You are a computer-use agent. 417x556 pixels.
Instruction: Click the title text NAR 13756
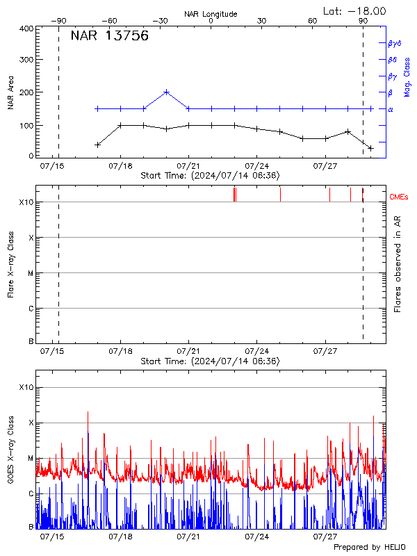click(109, 37)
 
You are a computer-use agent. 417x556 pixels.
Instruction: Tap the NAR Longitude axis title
click(211, 14)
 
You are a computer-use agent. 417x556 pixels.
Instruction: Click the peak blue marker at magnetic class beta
click(167, 92)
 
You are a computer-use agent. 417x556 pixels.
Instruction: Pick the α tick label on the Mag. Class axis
click(390, 109)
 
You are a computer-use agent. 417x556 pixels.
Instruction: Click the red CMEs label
click(400, 197)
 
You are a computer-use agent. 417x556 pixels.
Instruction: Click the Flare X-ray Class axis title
click(12, 264)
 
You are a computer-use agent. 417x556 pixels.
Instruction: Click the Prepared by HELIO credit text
click(370, 548)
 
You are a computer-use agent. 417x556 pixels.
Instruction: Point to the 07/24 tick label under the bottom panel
click(257, 537)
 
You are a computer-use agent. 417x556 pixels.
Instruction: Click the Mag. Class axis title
click(407, 76)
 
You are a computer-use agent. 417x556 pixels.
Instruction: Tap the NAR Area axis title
click(12, 92)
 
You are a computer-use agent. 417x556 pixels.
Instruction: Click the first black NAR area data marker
click(98, 145)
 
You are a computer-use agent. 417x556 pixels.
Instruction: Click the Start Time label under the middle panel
click(210, 361)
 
